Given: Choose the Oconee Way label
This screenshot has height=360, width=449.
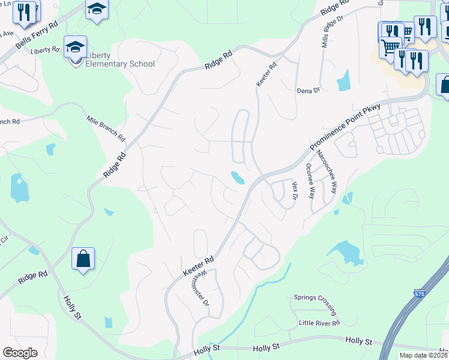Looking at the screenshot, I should coord(310,181).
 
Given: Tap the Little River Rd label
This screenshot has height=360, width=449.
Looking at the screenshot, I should coord(319,323).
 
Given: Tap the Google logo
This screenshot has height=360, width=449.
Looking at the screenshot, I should coord(20,353).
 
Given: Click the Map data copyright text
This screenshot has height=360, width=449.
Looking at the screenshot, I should coord(424,355).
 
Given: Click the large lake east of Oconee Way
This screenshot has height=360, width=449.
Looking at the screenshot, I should coord(346,251).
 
